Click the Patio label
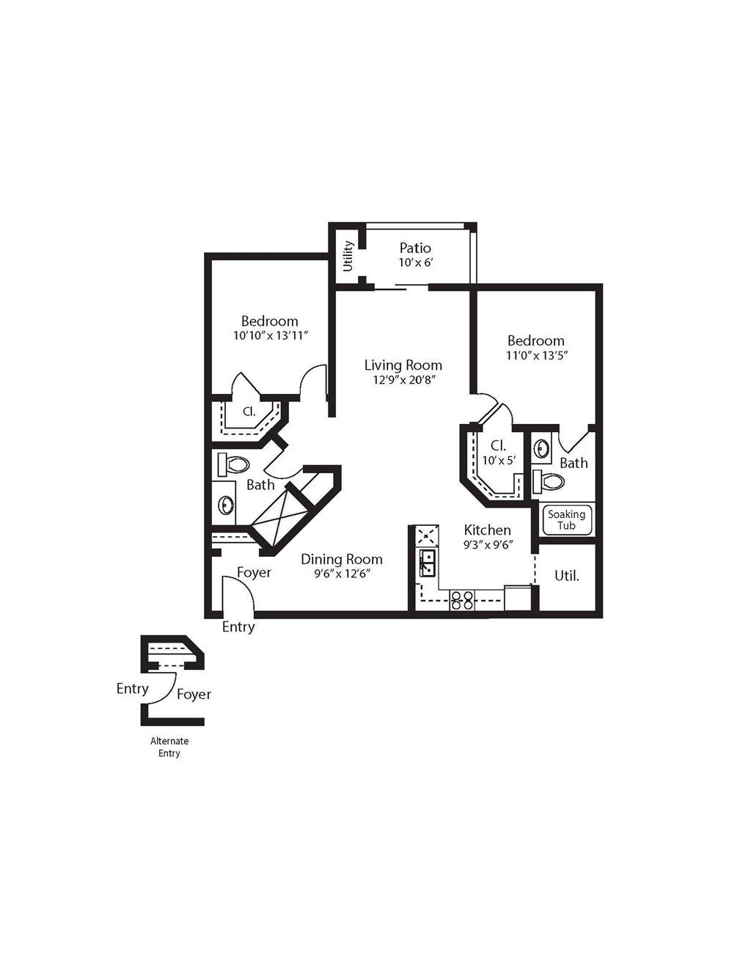415,248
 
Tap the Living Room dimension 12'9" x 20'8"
405,380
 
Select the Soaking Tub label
566,520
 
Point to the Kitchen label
487,530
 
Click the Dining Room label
342,559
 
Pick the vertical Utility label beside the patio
348,256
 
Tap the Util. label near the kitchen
567,576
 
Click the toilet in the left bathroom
233,464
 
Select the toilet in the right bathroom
549,482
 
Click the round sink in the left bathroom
226,505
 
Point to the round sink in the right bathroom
542,447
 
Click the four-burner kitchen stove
462,600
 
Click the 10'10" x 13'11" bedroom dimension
271,335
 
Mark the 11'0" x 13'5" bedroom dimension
536,356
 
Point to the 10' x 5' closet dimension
499,460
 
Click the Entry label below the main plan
238,626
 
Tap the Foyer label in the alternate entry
194,694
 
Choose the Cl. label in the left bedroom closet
249,411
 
